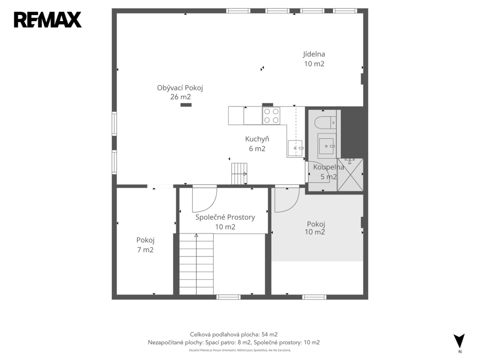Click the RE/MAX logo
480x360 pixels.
(x=48, y=20)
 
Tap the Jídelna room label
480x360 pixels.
(x=314, y=59)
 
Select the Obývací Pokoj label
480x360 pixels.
(x=180, y=92)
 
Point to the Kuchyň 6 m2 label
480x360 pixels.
(x=257, y=143)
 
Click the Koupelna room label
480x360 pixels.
(x=329, y=172)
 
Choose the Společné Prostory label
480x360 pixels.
(x=225, y=222)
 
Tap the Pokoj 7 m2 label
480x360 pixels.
(x=145, y=245)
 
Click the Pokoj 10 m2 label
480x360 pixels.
(x=315, y=228)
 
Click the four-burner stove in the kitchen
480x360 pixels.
(x=271, y=116)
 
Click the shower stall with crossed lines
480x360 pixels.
(x=350, y=175)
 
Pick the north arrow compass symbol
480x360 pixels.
(x=459, y=341)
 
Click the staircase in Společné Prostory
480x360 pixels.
(x=196, y=264)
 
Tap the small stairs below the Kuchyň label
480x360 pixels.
(x=239, y=173)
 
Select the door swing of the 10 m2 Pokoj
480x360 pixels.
(x=287, y=199)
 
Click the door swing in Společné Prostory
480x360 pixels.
(x=204, y=199)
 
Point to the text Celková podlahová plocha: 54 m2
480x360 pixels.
(x=233, y=335)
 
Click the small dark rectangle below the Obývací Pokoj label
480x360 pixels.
(x=186, y=105)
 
